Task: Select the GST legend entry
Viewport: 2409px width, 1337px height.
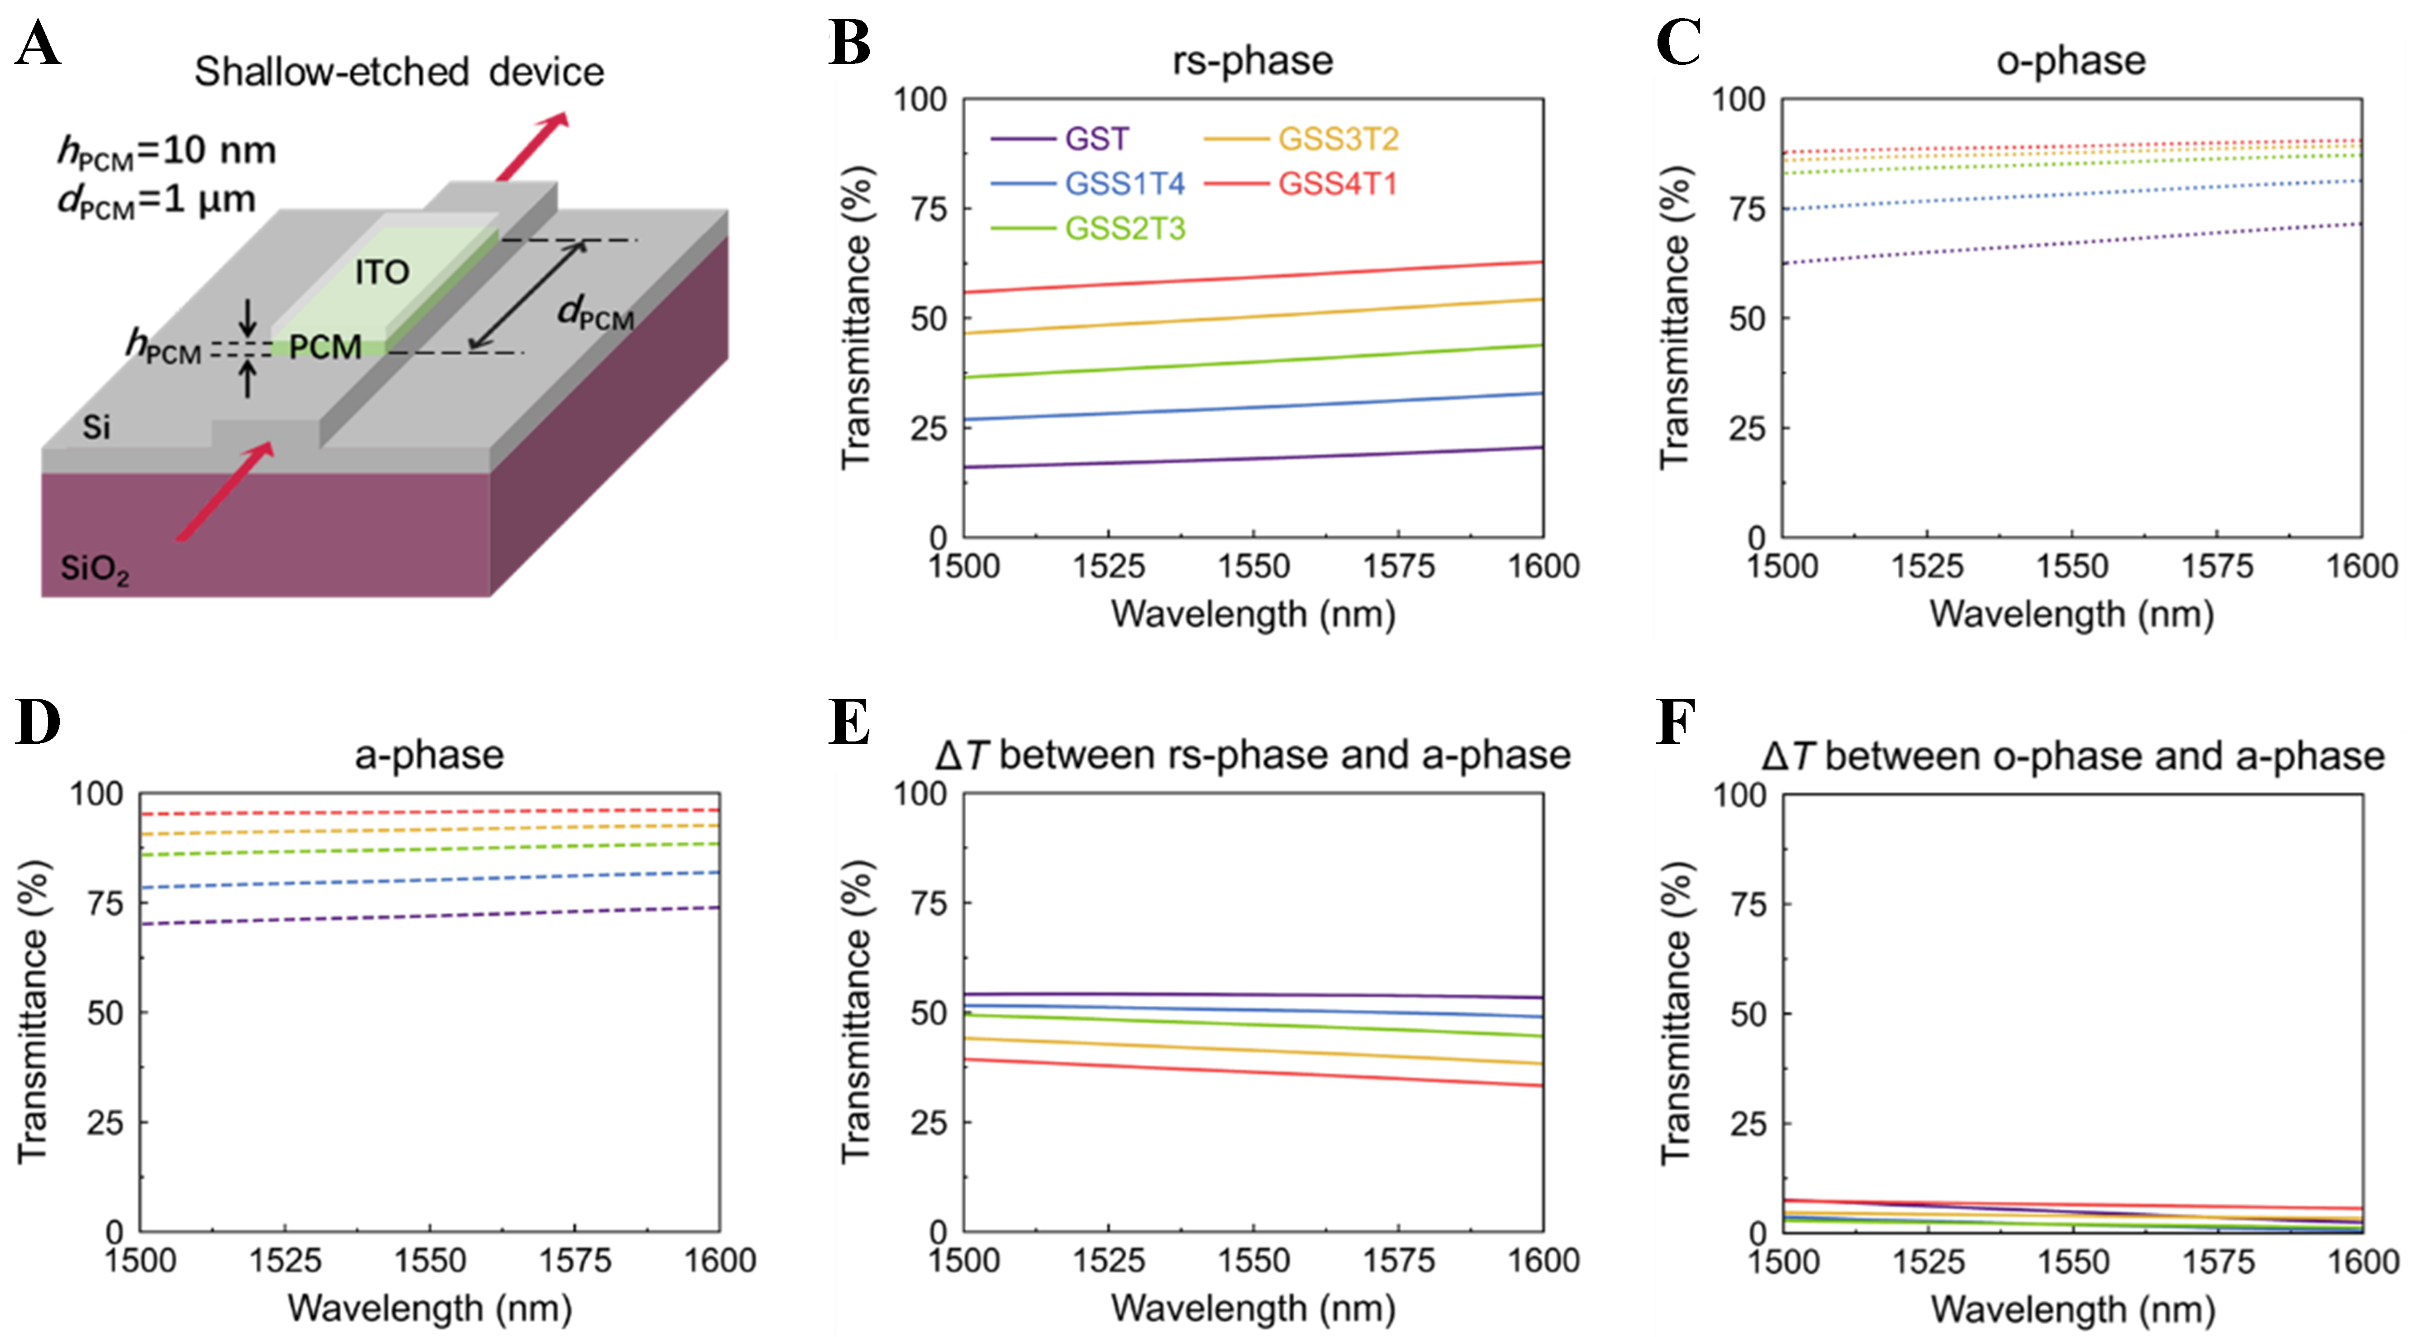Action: point(1096,139)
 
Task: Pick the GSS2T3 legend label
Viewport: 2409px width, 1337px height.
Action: point(1125,229)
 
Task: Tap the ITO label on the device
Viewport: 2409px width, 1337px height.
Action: point(382,273)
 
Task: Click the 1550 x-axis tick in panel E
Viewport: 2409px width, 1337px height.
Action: point(1253,1260)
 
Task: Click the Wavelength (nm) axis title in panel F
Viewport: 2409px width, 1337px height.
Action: point(2072,1309)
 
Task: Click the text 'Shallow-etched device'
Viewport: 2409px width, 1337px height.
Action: point(399,72)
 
